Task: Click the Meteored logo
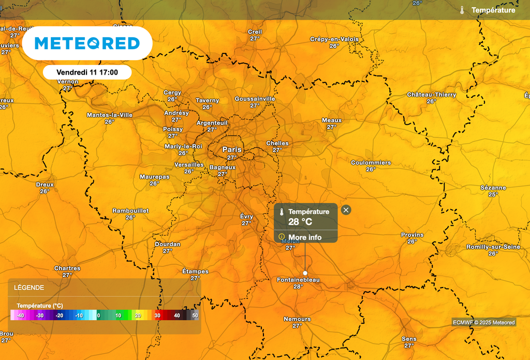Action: click(87, 43)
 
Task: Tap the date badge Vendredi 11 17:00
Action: click(87, 73)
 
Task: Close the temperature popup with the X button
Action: click(346, 210)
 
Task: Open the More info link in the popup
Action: click(307, 237)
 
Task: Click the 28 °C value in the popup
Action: click(300, 222)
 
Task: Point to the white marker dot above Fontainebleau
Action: click(305, 273)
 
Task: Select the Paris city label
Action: click(232, 149)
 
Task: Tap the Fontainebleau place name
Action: click(298, 280)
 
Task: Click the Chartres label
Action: click(67, 268)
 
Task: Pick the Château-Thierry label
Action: click(432, 95)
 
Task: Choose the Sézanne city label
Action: click(493, 188)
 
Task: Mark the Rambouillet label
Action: click(130, 211)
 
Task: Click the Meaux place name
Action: click(332, 120)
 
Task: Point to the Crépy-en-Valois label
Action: click(334, 39)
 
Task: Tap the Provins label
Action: click(412, 235)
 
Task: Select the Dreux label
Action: click(45, 184)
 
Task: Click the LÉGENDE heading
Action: click(29, 287)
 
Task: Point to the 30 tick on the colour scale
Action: click(157, 315)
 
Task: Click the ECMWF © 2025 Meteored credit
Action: click(484, 322)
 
